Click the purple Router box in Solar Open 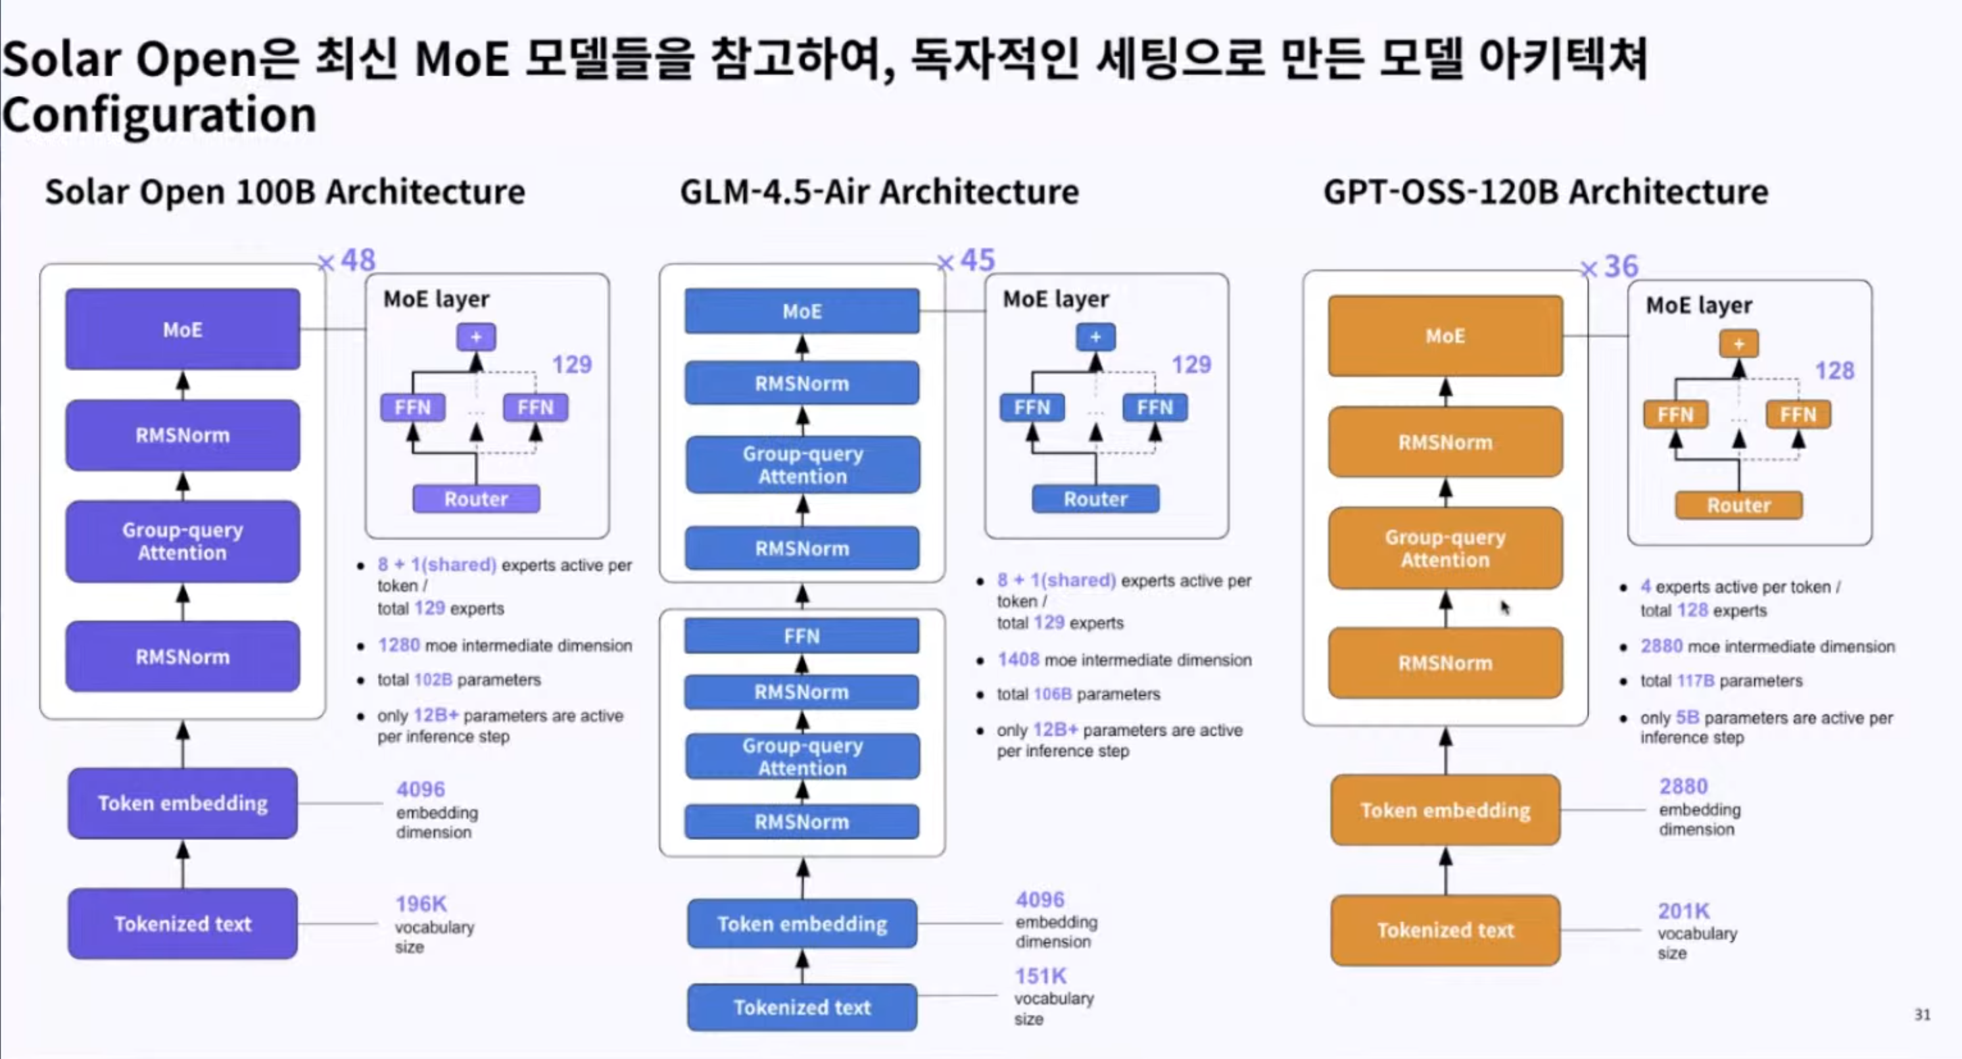coord(476,499)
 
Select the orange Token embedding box coord(1445,810)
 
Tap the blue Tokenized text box coord(802,1007)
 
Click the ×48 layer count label coord(347,260)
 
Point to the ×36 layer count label coord(1610,266)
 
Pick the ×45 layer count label coord(967,260)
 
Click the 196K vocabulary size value coord(420,904)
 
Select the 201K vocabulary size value coord(1684,910)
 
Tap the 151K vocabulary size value coord(1040,976)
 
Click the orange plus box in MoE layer coord(1739,343)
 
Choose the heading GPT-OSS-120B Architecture coord(1545,192)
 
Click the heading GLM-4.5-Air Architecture coord(879,192)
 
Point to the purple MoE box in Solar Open coord(183,329)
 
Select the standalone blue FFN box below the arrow coord(802,636)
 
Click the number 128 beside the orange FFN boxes coord(1834,371)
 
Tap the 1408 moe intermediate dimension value coord(1018,660)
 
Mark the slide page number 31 coord(1923,1015)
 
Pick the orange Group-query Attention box coord(1445,549)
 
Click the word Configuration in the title coord(159,116)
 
